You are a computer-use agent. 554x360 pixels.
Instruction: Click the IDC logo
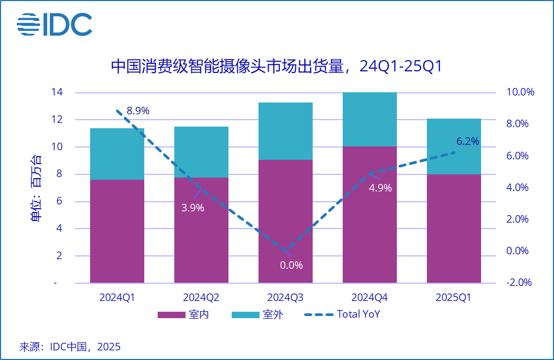[x=54, y=24]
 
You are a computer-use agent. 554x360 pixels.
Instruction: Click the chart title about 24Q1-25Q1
[x=277, y=67]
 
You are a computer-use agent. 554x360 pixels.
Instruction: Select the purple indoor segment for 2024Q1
[x=117, y=231]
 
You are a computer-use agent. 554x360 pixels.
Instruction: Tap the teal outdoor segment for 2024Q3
[x=285, y=131]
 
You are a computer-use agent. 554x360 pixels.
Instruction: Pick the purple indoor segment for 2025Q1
[x=454, y=229]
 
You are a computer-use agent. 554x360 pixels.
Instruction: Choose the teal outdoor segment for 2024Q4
[x=370, y=119]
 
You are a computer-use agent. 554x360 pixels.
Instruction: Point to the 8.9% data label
[x=138, y=111]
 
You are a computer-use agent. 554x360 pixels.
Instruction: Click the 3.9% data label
[x=193, y=208]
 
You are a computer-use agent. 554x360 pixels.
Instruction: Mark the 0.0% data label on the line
[x=292, y=265]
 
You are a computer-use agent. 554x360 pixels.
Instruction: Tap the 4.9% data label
[x=381, y=188]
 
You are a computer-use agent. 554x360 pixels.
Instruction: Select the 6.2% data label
[x=468, y=142]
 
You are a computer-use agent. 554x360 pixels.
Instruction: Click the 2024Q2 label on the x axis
[x=201, y=297]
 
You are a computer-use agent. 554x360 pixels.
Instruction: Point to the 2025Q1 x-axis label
[x=454, y=297]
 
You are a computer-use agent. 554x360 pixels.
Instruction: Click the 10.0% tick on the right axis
[x=520, y=92]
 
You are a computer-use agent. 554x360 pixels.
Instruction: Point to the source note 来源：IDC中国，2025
[x=70, y=347]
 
